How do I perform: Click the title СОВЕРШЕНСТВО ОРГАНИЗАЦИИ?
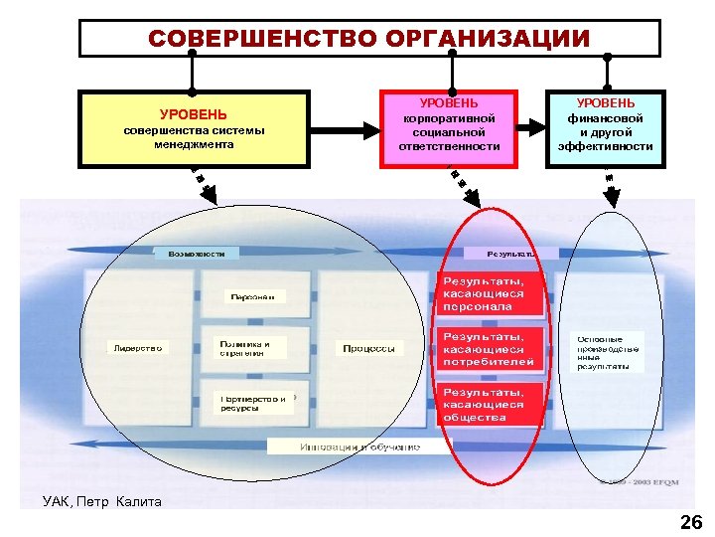[369, 39]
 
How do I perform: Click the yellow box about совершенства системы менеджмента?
[194, 129]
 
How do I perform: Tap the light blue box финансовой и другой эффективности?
[605, 126]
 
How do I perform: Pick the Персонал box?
[253, 296]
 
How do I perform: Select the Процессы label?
[368, 348]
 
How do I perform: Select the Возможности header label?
[196, 254]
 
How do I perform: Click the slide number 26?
[689, 522]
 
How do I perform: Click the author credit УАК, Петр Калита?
[102, 501]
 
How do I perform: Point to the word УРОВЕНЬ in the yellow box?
[194, 114]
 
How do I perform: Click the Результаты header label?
[511, 254]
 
